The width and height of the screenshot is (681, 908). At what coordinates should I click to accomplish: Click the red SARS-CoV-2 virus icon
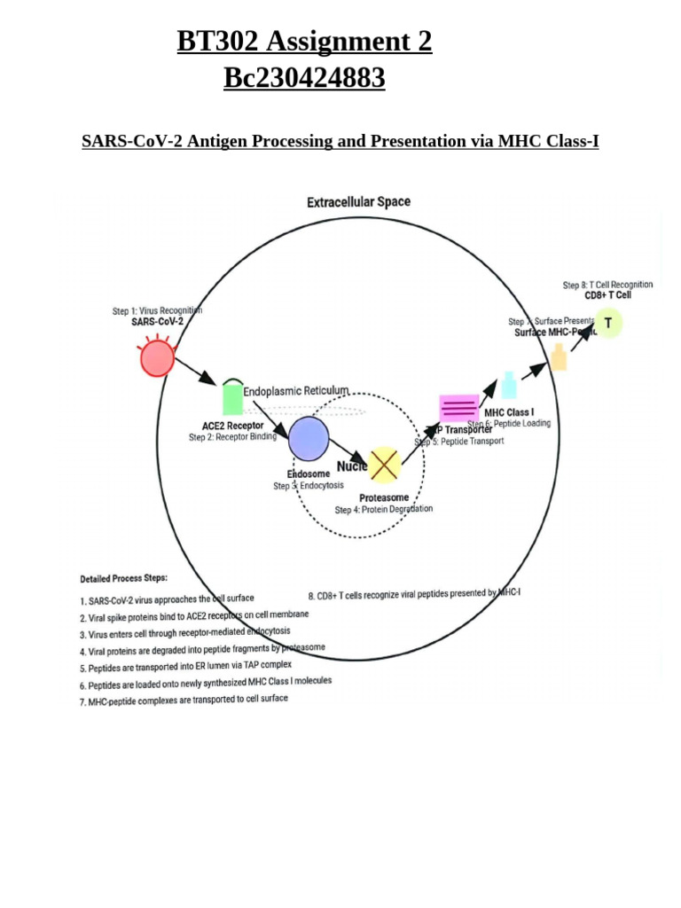click(157, 358)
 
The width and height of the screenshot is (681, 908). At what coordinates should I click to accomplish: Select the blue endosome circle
click(309, 439)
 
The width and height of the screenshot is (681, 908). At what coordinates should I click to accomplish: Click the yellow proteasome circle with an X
click(384, 464)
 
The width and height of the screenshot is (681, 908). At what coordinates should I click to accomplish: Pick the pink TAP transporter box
click(459, 409)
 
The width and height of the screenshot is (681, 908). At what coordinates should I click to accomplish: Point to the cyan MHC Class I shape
click(509, 386)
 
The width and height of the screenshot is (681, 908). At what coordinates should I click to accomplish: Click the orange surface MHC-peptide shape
click(559, 356)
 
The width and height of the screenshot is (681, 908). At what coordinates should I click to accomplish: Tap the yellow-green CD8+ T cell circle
click(608, 323)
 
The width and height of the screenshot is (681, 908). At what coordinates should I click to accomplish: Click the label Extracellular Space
click(358, 202)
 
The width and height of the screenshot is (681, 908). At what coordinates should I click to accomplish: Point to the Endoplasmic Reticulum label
click(296, 390)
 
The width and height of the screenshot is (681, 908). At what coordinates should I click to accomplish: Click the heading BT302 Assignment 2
click(304, 41)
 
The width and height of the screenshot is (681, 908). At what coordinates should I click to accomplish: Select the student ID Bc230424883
click(304, 79)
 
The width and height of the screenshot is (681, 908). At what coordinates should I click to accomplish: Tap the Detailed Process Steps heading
click(123, 578)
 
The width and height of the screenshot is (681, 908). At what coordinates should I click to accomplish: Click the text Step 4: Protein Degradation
click(384, 509)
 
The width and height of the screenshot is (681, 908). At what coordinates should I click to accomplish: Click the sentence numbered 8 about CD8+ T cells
click(414, 593)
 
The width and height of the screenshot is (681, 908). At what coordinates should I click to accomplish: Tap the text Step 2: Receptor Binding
click(232, 436)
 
